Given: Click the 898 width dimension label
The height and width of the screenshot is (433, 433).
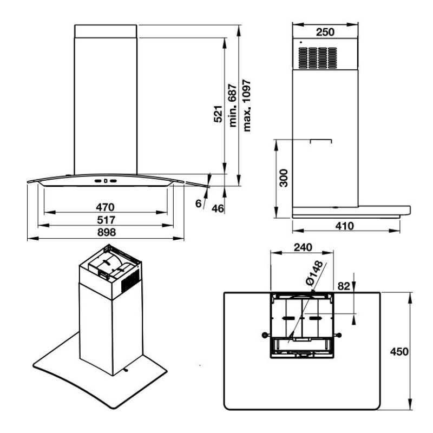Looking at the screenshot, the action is pyautogui.click(x=106, y=232).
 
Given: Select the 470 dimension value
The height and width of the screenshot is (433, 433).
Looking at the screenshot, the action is pyautogui.click(x=105, y=207).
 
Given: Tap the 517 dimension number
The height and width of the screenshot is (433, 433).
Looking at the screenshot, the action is pyautogui.click(x=106, y=220).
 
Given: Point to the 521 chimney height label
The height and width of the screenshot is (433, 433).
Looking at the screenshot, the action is pyautogui.click(x=218, y=114).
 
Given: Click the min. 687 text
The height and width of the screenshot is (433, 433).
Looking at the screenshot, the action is pyautogui.click(x=233, y=106).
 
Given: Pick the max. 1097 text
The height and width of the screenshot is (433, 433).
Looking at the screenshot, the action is pyautogui.click(x=247, y=106).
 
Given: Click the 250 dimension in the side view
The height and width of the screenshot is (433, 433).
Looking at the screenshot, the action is pyautogui.click(x=325, y=32).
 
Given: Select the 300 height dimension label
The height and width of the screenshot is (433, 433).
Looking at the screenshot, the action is pyautogui.click(x=283, y=178).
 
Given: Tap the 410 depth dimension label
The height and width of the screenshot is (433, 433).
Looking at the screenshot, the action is pyautogui.click(x=344, y=226).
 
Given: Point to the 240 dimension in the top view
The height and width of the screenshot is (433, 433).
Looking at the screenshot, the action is pyautogui.click(x=303, y=247).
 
